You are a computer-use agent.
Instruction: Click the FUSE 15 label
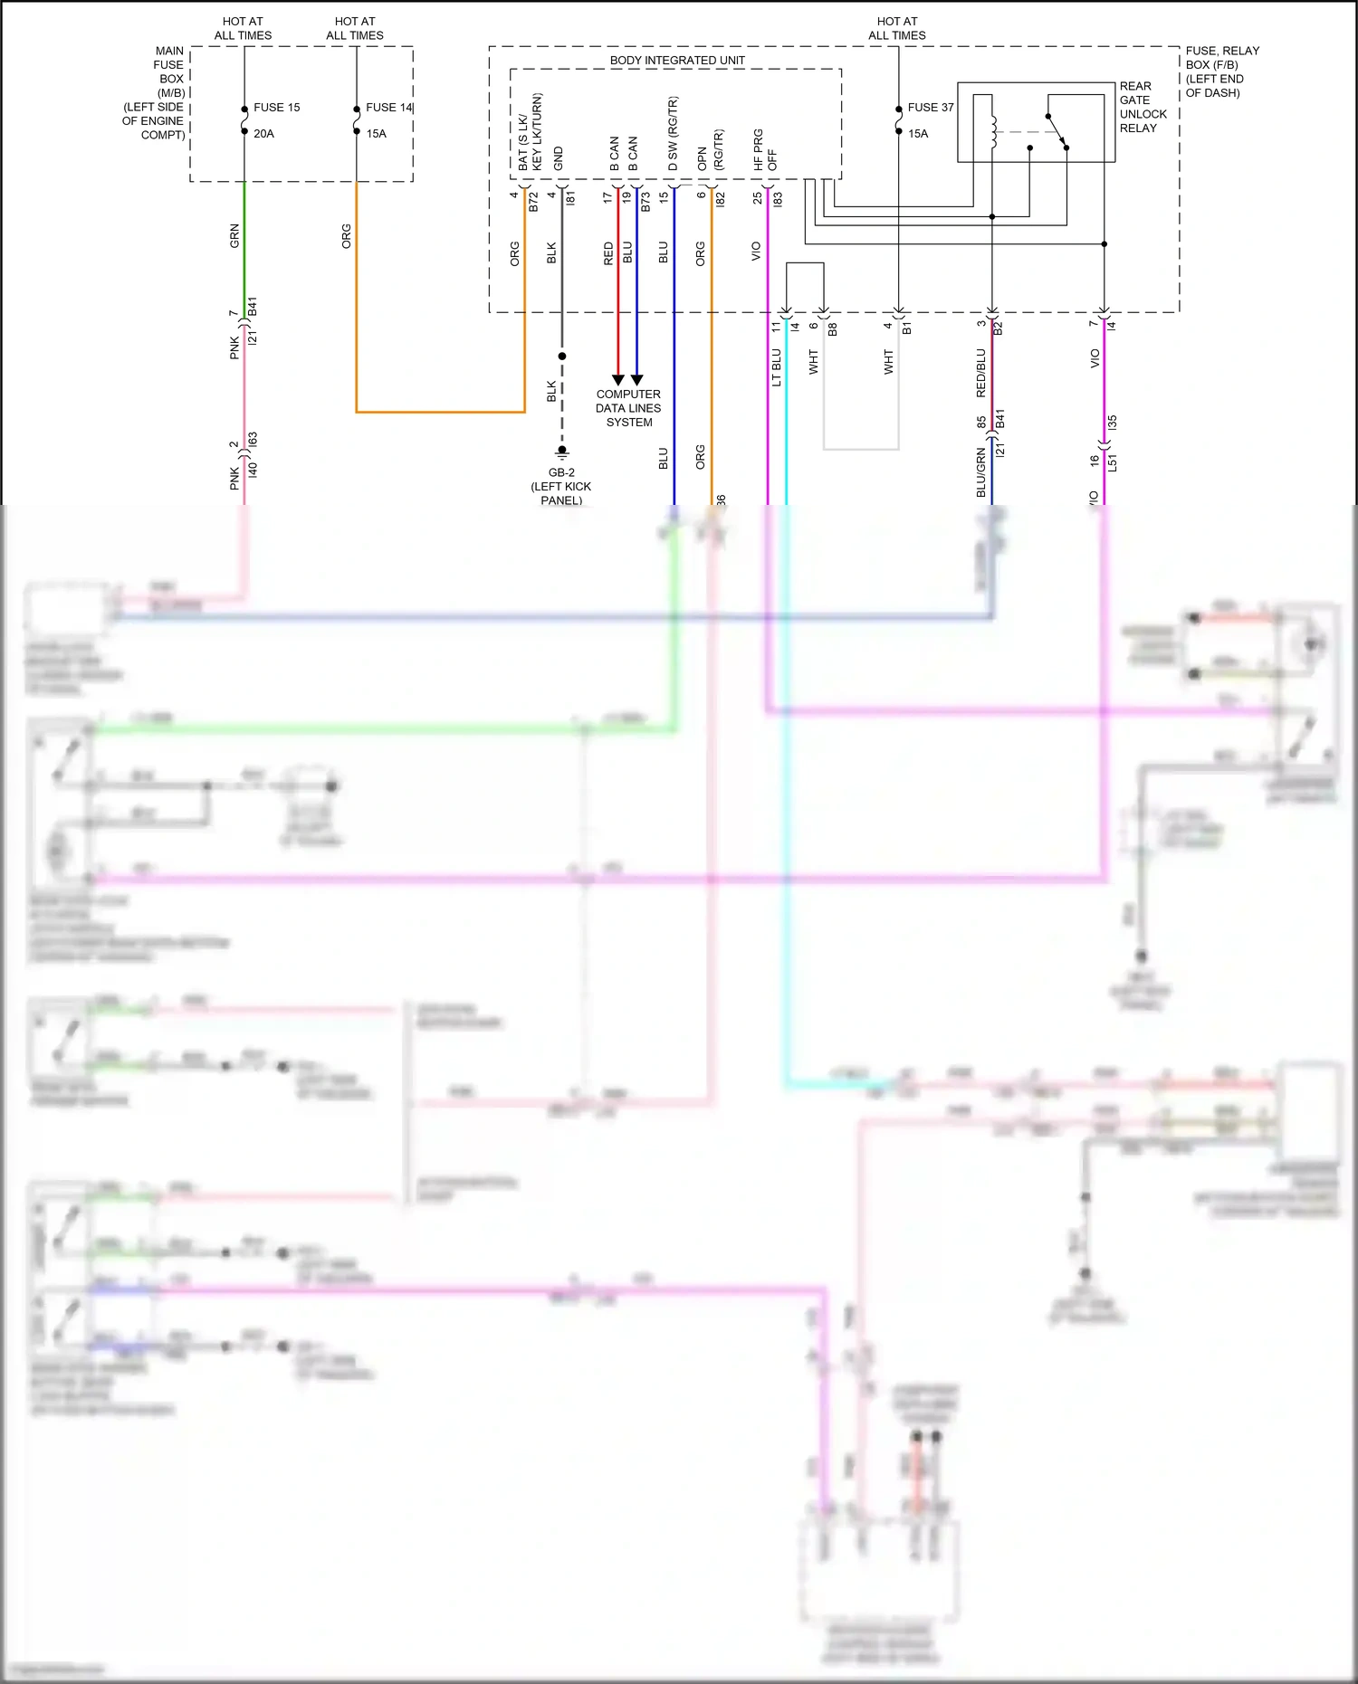pos(276,107)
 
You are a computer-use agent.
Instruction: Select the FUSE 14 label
pos(388,107)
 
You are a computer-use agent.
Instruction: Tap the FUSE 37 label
pos(930,107)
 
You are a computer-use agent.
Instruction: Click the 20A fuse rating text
pos(263,133)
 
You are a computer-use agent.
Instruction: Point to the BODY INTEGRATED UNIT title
pos(677,61)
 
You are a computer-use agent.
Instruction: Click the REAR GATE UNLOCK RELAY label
pos(1143,107)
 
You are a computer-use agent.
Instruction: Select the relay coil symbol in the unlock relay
pos(993,131)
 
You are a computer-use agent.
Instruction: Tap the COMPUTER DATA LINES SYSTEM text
pos(628,408)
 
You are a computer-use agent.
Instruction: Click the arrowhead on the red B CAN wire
pos(618,379)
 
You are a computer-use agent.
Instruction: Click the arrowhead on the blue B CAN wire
pos(637,379)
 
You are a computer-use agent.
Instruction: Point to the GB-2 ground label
pos(561,486)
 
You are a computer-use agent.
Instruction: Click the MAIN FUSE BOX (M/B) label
pos(156,92)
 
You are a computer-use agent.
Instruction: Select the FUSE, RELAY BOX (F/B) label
pos(1221,71)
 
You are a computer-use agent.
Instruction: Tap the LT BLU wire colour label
pos(776,367)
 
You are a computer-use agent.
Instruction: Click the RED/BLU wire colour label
pos(980,373)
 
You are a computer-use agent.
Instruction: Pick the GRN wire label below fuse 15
pos(234,236)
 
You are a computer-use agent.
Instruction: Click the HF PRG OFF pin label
pos(765,149)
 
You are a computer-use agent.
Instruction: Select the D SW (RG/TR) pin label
pos(673,134)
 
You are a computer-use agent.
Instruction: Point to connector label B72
pos(533,202)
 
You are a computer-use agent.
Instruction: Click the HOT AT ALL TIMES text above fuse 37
pos(897,28)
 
